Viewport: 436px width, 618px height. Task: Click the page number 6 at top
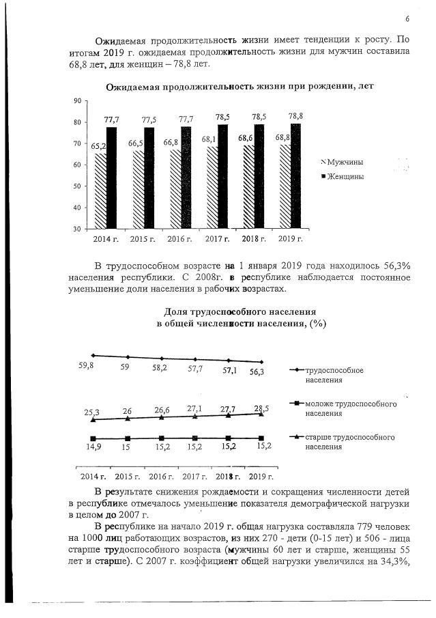pos(407,18)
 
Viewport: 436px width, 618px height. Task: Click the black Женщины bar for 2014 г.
pos(111,178)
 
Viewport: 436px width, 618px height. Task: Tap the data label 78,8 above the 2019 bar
pos(296,116)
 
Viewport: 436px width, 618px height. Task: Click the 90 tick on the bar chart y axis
pos(77,101)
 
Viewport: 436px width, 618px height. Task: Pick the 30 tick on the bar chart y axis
pos(77,229)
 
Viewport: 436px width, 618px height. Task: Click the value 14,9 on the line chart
pos(93,447)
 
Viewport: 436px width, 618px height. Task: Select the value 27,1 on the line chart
pos(194,408)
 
